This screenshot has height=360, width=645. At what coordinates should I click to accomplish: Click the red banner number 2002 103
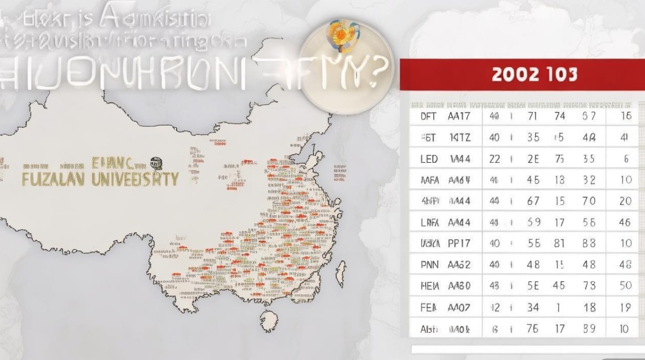534,75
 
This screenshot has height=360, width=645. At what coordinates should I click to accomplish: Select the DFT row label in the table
428,116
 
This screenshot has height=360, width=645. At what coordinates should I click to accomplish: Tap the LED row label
429,159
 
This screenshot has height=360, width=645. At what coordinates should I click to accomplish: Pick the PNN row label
429,264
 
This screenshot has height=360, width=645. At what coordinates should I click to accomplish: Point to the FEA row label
429,307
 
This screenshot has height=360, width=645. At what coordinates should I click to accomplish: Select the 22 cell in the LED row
494,159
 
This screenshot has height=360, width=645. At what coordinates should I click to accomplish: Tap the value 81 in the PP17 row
559,243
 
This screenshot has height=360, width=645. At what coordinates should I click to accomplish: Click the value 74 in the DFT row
559,116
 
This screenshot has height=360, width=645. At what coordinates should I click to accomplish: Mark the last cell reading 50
625,286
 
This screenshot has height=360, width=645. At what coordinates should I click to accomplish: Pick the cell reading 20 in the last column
625,201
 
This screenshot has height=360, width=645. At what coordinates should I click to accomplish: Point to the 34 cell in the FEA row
533,307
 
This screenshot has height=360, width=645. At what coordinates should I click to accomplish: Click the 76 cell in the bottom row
533,329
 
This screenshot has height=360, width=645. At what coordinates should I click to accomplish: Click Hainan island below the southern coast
270,319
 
